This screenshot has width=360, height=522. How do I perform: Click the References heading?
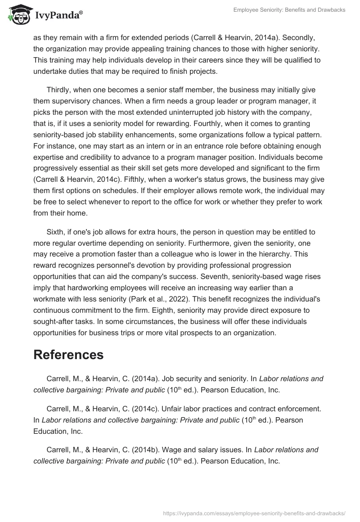[x=68, y=354]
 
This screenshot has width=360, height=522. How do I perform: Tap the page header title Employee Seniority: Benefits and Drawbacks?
[x=289, y=10]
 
